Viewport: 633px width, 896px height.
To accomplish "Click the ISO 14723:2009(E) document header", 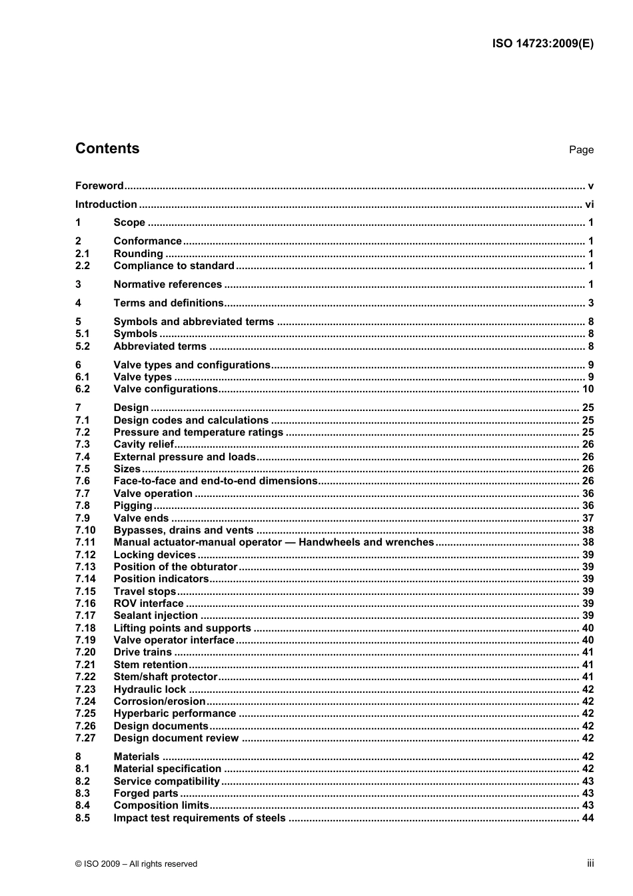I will coord(542,44).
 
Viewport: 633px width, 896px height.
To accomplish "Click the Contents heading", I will coord(107,149).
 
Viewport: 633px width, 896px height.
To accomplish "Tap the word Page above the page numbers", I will coord(581,150).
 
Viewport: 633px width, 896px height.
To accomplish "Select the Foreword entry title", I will coord(99,186).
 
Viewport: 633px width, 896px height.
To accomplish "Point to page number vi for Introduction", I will coord(589,205).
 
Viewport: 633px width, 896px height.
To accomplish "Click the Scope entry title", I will coord(129,223).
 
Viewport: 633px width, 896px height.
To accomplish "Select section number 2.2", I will coord(83,266).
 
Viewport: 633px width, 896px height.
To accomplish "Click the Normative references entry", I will coord(167,284).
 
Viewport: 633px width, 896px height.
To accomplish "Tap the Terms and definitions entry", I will coord(168,303).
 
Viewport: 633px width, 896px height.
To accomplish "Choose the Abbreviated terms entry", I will coord(160,346).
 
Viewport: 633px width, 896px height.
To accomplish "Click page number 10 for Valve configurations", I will coord(588,389).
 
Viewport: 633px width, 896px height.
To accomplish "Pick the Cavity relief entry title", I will coord(143,444).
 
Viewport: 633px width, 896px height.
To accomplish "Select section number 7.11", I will coord(85,542).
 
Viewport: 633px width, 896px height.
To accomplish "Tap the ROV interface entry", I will coord(148,604).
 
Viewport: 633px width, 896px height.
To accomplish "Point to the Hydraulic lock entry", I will coord(149,689).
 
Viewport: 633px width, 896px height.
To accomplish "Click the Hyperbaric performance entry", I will coord(175,713).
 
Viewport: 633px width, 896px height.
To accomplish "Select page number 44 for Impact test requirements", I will coord(588,818).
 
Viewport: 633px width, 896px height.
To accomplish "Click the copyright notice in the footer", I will coord(137,864).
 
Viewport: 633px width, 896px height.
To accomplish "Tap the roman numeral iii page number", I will coord(590,863).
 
